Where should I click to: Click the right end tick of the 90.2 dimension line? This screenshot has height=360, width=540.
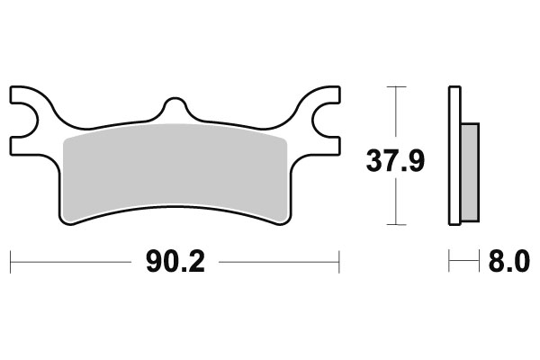tap(338, 262)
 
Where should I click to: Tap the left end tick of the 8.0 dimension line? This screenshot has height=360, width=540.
tap(449, 262)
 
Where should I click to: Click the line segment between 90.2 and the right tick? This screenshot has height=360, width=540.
tap(279, 262)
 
